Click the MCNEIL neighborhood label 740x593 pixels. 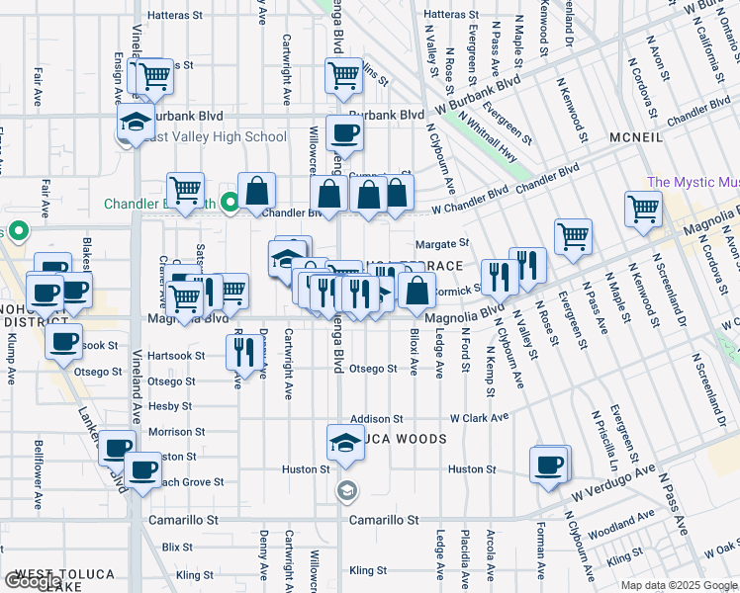point(636,136)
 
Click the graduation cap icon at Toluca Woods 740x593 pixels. point(344,441)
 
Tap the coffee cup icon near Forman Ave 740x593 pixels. point(549,465)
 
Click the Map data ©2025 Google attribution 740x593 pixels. point(678,585)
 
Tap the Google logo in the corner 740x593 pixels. point(33,582)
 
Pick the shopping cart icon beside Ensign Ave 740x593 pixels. point(154,75)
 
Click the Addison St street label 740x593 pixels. point(376,419)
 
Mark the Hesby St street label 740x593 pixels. point(169,406)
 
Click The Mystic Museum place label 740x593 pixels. point(693,183)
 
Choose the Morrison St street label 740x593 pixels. point(176,432)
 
